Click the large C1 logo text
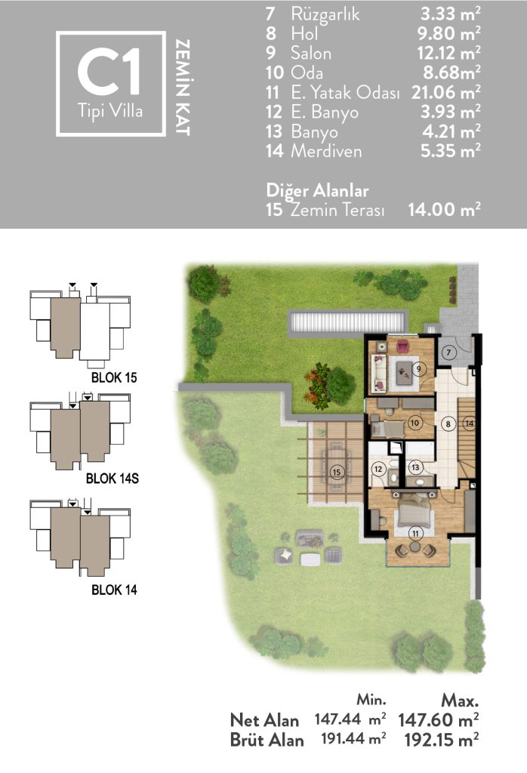click(x=109, y=72)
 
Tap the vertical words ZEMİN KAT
click(x=183, y=88)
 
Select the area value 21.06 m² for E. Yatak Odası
click(x=446, y=92)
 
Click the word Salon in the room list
click(x=310, y=54)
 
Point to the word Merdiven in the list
click(x=326, y=151)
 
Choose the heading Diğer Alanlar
click(x=317, y=190)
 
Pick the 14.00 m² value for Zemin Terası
click(x=444, y=210)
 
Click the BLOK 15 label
click(x=114, y=377)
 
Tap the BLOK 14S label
click(x=112, y=478)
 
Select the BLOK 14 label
click(x=114, y=590)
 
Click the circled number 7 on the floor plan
click(x=448, y=353)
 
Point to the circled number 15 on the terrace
click(x=337, y=473)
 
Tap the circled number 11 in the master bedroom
click(x=415, y=533)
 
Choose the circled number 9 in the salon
click(x=419, y=368)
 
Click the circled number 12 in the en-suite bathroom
click(x=378, y=469)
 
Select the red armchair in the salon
click(x=402, y=347)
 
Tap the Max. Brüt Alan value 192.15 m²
click(x=441, y=740)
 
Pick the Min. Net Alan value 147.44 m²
click(x=350, y=719)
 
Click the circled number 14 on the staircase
click(x=470, y=423)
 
